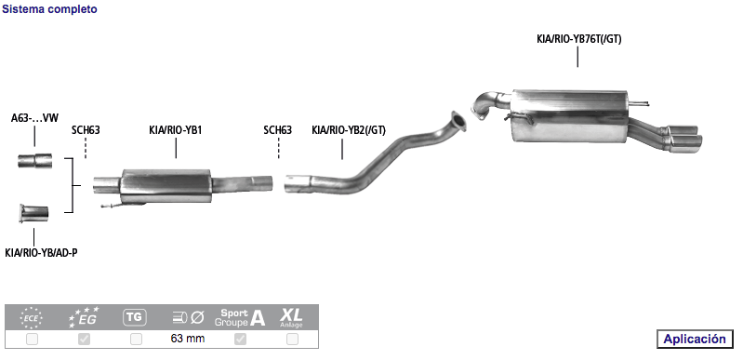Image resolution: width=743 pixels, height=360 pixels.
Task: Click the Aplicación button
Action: [x=695, y=339]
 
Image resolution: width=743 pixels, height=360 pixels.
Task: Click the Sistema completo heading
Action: [x=49, y=9]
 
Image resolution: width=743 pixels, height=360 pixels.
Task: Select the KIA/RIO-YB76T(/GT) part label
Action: [x=578, y=39]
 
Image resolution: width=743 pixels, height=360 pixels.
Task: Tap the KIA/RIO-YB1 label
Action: [x=176, y=130]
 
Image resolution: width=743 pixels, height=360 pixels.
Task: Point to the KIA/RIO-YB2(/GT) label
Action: [x=349, y=130]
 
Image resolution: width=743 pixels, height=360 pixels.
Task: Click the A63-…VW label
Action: [x=34, y=118]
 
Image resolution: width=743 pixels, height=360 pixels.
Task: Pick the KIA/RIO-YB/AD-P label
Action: [x=41, y=253]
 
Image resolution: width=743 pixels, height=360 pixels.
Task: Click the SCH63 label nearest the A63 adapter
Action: [x=86, y=130]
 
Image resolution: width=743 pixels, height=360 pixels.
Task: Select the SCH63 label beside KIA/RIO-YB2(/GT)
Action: [x=278, y=130]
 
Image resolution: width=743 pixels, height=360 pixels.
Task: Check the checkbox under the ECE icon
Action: [x=33, y=340]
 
